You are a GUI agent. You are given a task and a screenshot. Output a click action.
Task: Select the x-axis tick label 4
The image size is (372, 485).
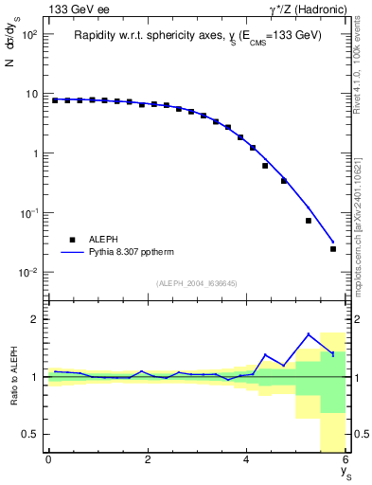[246, 459]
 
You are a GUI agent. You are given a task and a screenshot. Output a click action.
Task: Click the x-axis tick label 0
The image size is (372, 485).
[48, 459]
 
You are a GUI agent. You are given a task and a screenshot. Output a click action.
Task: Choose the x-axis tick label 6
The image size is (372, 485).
[345, 459]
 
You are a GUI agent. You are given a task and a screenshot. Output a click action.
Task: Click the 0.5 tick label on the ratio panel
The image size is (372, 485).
[29, 434]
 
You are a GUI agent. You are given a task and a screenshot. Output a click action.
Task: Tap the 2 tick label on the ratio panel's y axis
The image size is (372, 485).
[34, 319]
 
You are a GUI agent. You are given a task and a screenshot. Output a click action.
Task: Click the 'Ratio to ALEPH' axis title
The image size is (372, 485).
[12, 377]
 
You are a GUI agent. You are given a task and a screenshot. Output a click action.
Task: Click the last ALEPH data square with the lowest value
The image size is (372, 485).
[333, 249]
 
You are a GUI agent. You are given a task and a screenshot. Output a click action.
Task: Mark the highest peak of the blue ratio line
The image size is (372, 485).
[309, 333]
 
